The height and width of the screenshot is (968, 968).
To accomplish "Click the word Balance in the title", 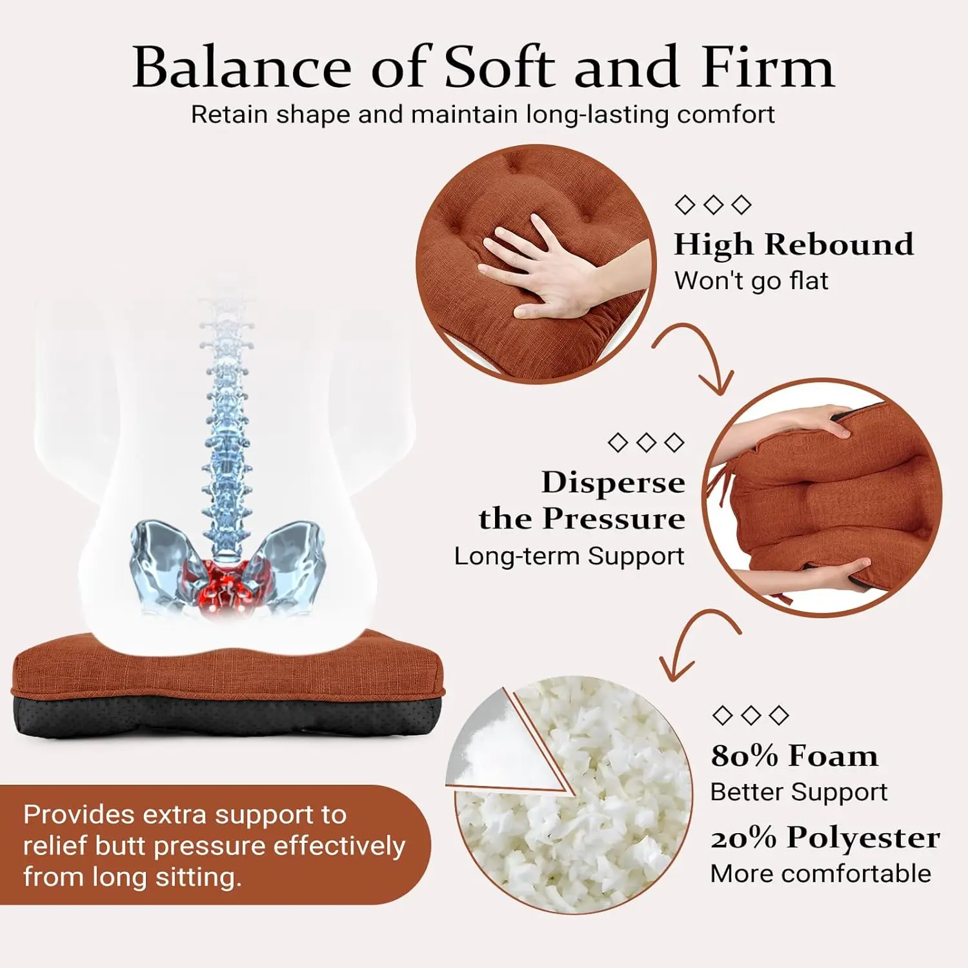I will (x=241, y=68).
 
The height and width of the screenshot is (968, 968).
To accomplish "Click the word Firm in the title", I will (x=767, y=68).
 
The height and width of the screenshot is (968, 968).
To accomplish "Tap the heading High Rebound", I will (x=794, y=245).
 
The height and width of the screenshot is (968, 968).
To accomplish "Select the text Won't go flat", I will (x=751, y=281).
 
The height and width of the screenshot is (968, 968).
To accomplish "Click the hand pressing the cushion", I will (x=549, y=271).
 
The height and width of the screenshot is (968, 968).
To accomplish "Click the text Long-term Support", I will (x=569, y=556).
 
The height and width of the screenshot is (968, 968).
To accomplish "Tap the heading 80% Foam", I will (x=794, y=756).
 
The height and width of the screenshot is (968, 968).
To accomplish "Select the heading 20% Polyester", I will (x=825, y=838).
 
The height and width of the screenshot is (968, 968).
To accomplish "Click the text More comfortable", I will (x=820, y=874).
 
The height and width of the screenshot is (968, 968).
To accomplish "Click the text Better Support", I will (x=799, y=792).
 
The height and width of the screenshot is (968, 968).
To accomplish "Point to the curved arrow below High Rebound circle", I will (x=700, y=355).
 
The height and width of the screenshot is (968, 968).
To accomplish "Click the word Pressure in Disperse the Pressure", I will (x=613, y=519).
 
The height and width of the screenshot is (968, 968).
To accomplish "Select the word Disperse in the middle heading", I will (x=613, y=483).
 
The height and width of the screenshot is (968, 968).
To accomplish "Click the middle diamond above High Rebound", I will (x=713, y=205).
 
